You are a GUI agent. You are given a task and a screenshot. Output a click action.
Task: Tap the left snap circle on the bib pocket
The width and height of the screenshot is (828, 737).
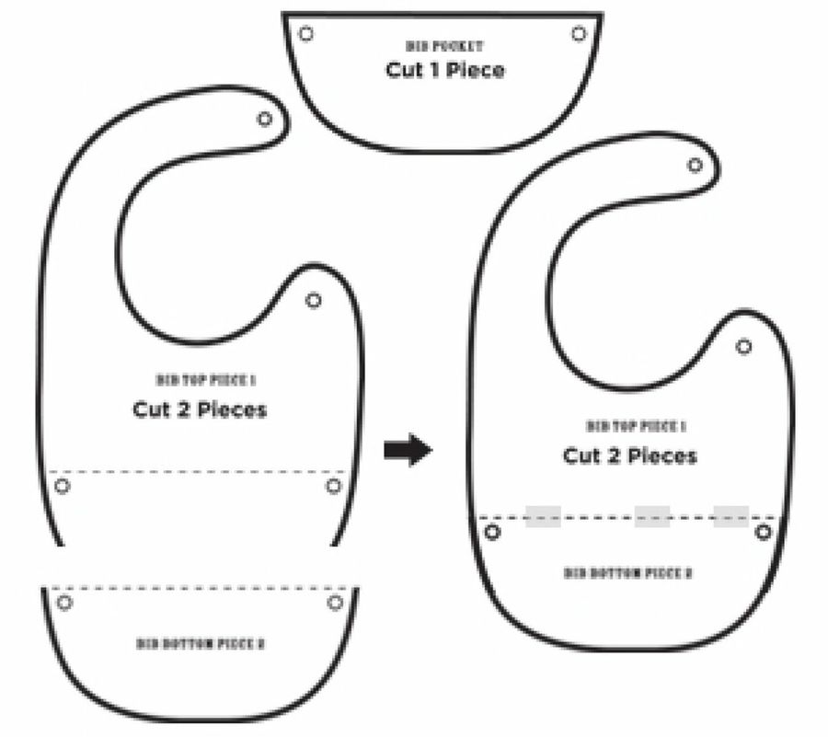[x=306, y=33]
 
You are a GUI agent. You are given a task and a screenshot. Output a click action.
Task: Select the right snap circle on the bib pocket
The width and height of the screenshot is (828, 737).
[x=579, y=33]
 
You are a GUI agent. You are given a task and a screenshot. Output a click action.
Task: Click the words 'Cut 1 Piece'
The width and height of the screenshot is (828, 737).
[x=445, y=70]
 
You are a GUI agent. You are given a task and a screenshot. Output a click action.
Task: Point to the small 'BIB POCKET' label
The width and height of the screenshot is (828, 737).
[x=445, y=45]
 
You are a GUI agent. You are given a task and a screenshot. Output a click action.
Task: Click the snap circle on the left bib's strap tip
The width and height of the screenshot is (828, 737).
[x=265, y=119]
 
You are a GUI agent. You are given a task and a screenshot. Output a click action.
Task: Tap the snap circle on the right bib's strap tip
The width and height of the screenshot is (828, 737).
[x=696, y=167]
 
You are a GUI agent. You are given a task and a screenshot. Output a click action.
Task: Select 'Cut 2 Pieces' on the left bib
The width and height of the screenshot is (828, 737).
[x=200, y=409]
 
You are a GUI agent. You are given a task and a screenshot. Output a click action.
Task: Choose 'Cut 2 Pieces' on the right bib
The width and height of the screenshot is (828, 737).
[x=630, y=455]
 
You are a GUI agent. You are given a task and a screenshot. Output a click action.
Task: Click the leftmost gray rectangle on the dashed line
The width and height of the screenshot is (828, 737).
[x=543, y=517]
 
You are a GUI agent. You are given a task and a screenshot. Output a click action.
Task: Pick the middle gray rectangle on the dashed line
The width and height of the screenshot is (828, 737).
[x=652, y=517]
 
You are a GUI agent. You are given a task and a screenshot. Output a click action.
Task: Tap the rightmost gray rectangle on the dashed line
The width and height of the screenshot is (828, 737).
[x=730, y=517]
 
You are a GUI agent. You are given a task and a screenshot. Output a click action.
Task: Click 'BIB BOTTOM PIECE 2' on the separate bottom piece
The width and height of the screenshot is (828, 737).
[x=201, y=644]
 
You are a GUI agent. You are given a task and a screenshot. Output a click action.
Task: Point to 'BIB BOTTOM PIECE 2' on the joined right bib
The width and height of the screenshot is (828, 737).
[x=628, y=573]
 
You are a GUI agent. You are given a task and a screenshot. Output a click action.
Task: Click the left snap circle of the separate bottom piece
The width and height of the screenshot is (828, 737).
[x=64, y=603]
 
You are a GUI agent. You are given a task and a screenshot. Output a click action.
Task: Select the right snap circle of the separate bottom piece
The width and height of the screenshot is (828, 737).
[x=335, y=603]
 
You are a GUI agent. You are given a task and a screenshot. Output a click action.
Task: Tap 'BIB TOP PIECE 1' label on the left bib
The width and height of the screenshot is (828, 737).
[x=200, y=379]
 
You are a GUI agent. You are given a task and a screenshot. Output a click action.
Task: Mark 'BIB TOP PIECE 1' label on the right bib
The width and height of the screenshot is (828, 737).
[x=637, y=426]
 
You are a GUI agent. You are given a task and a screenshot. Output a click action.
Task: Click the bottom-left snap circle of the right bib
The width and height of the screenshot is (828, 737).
[x=492, y=532]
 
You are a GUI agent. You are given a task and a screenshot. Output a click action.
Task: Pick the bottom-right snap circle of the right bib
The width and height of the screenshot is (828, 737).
[x=763, y=532]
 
